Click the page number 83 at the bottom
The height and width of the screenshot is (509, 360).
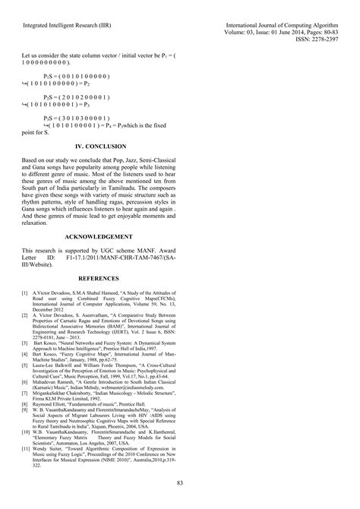pos(180,484)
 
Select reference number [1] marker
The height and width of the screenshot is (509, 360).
pos(25,270)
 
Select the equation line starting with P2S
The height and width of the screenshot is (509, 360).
pos(81,98)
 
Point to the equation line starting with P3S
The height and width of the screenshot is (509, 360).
pos(81,119)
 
